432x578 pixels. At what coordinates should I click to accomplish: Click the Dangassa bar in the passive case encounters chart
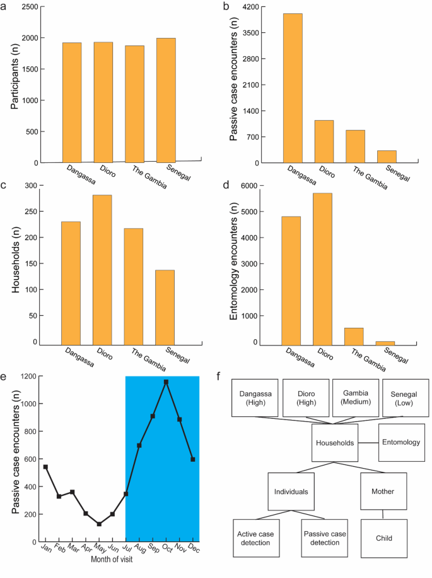pos(293,88)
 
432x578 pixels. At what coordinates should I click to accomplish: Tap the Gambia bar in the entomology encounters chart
pos(355,337)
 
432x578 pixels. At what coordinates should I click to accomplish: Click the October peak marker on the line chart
pos(166,382)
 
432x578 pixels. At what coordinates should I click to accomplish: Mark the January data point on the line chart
pos(45,467)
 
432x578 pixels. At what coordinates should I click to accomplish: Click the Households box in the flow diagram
pos(336,443)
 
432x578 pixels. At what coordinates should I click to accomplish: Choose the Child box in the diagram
pos(383,538)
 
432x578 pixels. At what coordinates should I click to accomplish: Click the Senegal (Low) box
pos(406,398)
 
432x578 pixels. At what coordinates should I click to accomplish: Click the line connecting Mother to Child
pos(383,515)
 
